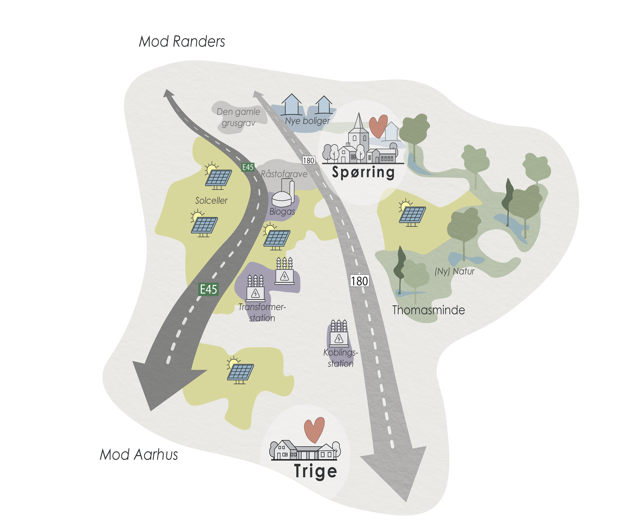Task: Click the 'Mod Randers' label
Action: (x=182, y=41)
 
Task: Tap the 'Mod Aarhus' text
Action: (x=139, y=455)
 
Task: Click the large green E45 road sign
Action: (x=208, y=289)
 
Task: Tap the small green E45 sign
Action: (x=248, y=167)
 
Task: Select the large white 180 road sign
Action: (x=359, y=281)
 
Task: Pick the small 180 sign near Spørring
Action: (x=309, y=160)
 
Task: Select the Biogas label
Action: (x=282, y=211)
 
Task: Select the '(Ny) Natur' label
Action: (x=454, y=271)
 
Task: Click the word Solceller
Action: (x=211, y=200)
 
